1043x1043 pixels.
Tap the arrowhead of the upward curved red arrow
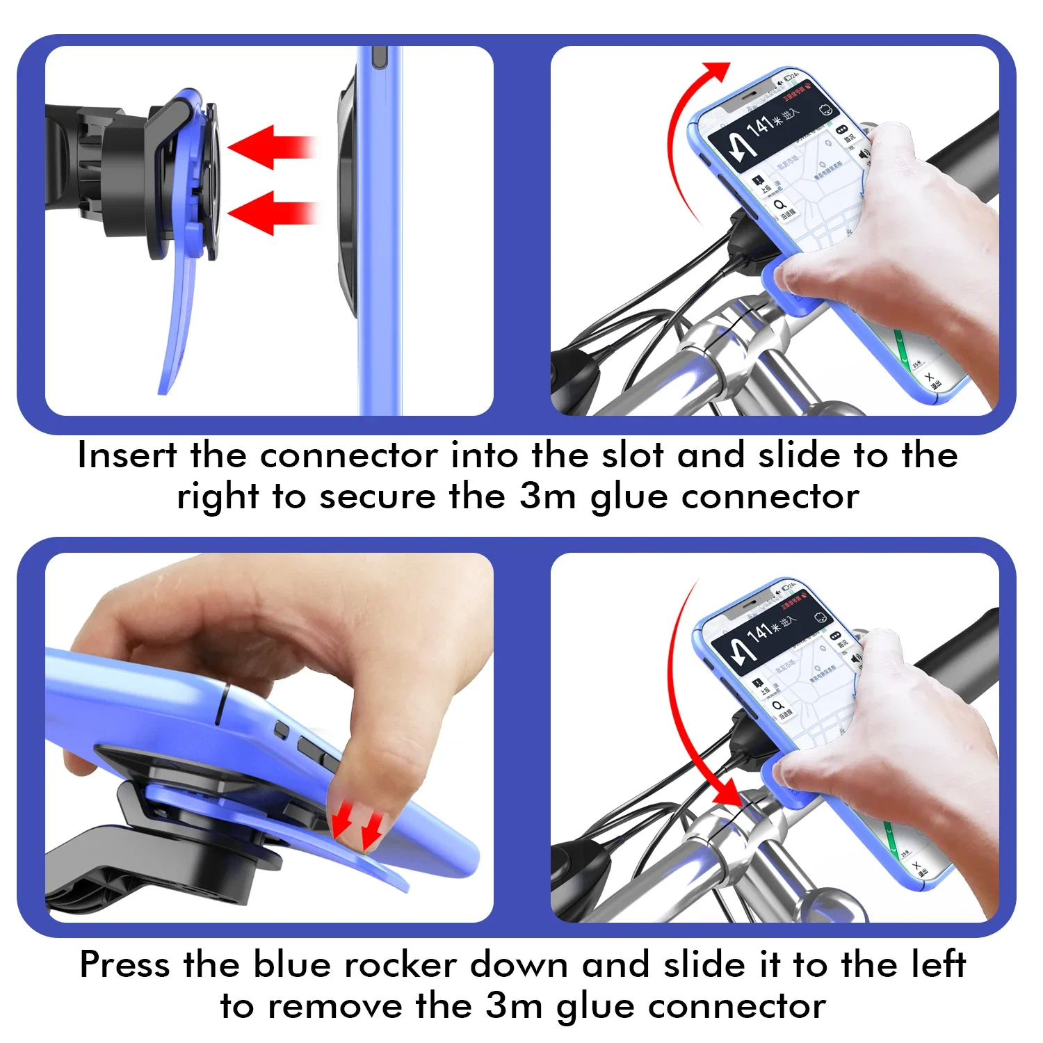(716, 72)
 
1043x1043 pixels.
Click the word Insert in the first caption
(127, 456)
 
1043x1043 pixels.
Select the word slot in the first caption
(631, 456)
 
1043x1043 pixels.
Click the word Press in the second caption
(124, 965)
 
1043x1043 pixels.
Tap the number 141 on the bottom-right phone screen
(759, 633)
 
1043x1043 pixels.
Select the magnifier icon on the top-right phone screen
(779, 204)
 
